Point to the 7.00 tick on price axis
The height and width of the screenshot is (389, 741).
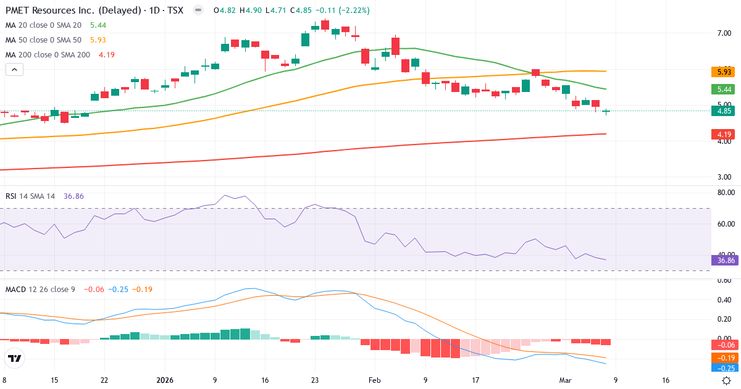pos(724,33)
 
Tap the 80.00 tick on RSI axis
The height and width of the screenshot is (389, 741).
pos(726,193)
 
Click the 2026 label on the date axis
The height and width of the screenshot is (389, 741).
pos(165,380)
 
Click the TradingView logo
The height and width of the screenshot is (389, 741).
pos(15,358)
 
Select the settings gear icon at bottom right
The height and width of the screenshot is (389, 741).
pos(727,380)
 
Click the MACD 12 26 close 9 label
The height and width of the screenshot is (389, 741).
pos(40,289)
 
